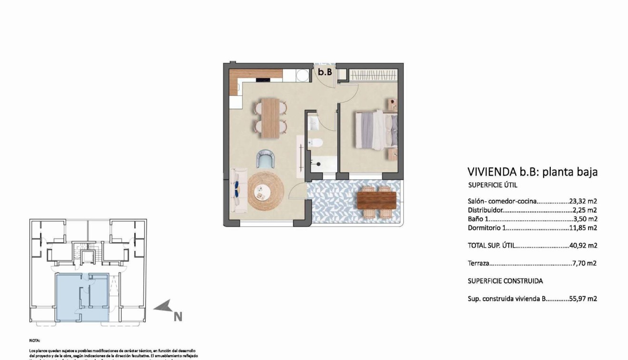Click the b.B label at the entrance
tap(325, 72)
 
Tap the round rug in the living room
tap(266, 191)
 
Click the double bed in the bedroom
tap(376, 130)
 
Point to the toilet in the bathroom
tap(315, 142)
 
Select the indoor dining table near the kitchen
tap(270, 118)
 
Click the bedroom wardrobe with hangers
tap(372, 75)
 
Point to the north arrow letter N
tap(178, 317)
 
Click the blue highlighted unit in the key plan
tap(82, 298)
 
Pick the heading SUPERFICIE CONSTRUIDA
tap(505, 281)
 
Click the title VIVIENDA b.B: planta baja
tap(532, 172)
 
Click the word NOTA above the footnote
tap(35, 341)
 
